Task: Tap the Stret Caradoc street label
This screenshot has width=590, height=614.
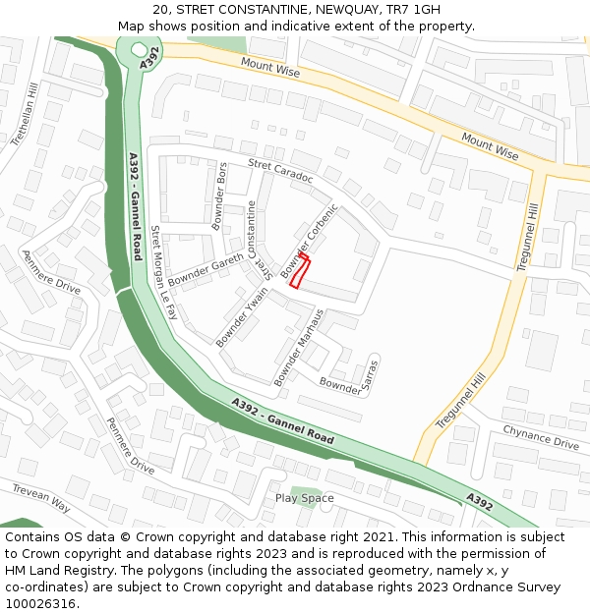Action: (280, 171)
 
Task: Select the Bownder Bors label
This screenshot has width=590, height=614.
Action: (219, 196)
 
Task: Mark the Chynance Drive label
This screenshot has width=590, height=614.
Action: (541, 437)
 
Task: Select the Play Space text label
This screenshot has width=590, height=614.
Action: (304, 498)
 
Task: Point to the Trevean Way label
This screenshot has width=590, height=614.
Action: (41, 498)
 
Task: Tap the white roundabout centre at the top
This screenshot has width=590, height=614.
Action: (139, 48)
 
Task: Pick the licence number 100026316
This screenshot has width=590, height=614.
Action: (41, 603)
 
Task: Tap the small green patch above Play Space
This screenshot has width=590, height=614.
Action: (306, 489)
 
